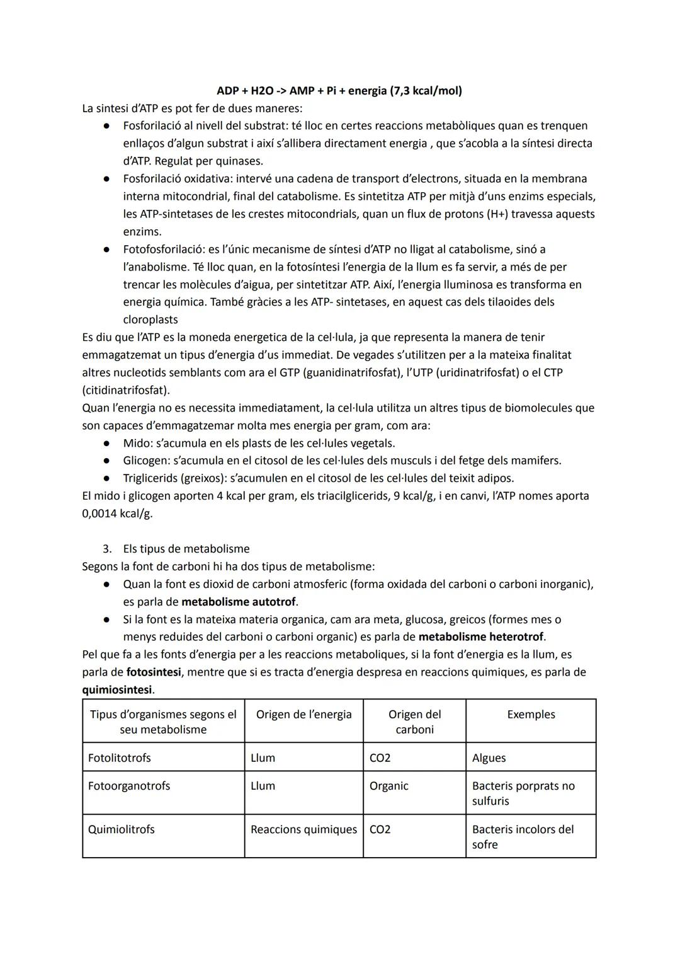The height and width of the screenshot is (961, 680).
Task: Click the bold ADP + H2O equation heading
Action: [x=339, y=91]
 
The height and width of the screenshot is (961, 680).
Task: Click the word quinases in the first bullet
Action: [x=239, y=161]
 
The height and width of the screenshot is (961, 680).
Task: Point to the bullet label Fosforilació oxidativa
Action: [x=177, y=179]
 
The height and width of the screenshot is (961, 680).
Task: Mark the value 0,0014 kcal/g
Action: [x=117, y=513]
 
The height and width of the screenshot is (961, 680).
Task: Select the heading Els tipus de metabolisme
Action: [x=186, y=549]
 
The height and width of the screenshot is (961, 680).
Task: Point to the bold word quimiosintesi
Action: [x=118, y=689]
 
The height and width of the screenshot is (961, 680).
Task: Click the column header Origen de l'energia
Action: [x=303, y=715]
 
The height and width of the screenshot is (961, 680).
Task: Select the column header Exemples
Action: [x=531, y=715]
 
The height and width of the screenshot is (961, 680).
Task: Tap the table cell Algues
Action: [x=489, y=757]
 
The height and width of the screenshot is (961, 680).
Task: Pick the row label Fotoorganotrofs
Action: [x=129, y=786]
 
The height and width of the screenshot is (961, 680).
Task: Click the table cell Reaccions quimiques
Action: [x=303, y=829]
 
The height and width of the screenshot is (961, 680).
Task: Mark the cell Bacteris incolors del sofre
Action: [x=523, y=837]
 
